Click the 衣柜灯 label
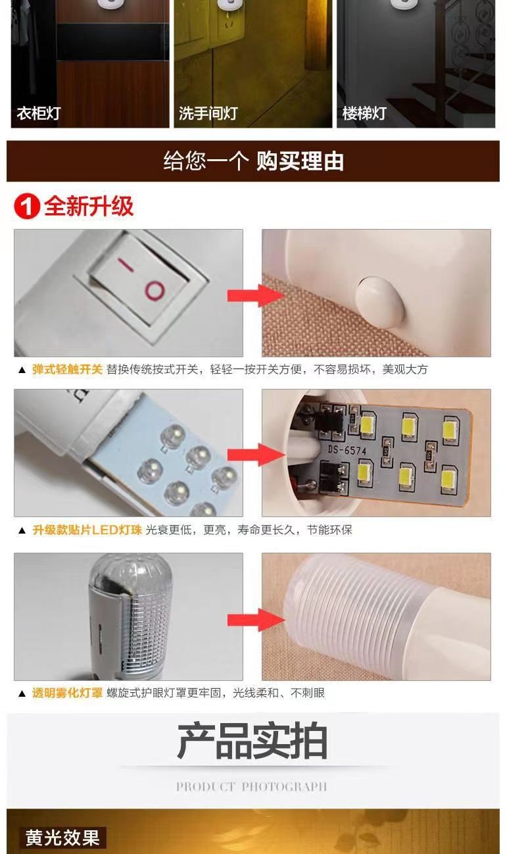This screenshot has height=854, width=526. [x=38, y=113]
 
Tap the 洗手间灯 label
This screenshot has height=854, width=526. [x=208, y=113]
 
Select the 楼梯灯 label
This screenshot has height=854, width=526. [x=364, y=113]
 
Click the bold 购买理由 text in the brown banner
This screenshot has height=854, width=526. [x=300, y=161]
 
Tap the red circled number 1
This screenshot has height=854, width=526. [x=27, y=207]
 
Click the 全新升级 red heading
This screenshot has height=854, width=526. [x=89, y=206]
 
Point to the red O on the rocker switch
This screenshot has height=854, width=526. [x=155, y=291]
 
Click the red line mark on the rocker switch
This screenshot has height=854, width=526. [x=125, y=265]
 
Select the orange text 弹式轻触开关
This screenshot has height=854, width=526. [x=67, y=369]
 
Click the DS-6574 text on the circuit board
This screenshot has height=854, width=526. [x=347, y=450]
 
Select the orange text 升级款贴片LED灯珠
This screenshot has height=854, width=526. [x=87, y=530]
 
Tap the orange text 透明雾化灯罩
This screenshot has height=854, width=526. [x=67, y=693]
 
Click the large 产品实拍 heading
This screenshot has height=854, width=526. [x=252, y=741]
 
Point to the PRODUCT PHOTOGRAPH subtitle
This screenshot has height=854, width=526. [x=251, y=786]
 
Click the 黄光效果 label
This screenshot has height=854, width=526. [x=62, y=838]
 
